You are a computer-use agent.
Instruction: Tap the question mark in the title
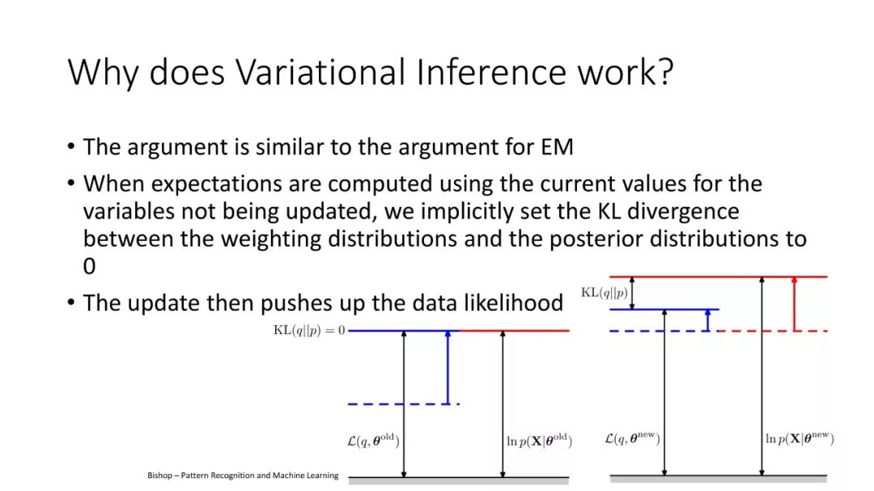(665, 71)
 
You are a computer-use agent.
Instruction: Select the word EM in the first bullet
(557, 147)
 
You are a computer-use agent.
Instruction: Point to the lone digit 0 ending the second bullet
(89, 266)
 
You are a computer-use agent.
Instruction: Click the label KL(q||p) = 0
(309, 331)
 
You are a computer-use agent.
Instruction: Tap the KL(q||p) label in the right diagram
(605, 293)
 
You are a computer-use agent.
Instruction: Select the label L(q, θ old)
(373, 440)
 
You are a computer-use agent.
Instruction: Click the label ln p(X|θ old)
(539, 441)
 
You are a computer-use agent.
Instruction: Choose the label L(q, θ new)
(632, 438)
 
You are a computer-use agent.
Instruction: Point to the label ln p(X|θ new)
(800, 438)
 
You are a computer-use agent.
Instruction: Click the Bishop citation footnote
(243, 476)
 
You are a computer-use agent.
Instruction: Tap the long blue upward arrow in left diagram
(448, 367)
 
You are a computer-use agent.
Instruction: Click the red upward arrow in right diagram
(795, 303)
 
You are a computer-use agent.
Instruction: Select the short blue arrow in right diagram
(708, 320)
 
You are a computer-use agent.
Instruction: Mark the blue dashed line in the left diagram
(404, 404)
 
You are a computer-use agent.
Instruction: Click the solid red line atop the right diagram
(719, 277)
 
